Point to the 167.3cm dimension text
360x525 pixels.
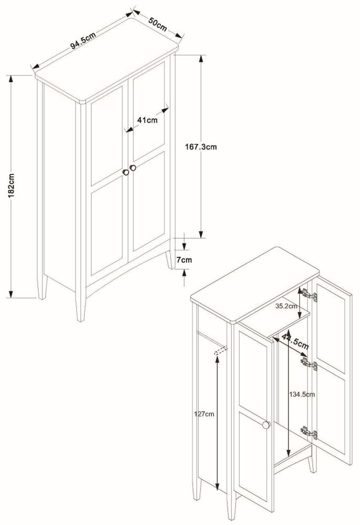coord(201,147)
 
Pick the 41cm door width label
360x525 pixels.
coord(147,120)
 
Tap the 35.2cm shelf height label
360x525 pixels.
coord(286,306)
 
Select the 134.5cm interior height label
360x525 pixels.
coord(301,394)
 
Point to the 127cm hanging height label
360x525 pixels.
coord(204,414)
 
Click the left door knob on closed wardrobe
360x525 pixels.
coord(126,172)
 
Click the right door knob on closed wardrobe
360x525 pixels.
coord(133,168)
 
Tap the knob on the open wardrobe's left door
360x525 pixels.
coord(266,425)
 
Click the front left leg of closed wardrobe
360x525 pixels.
coord(81,307)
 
